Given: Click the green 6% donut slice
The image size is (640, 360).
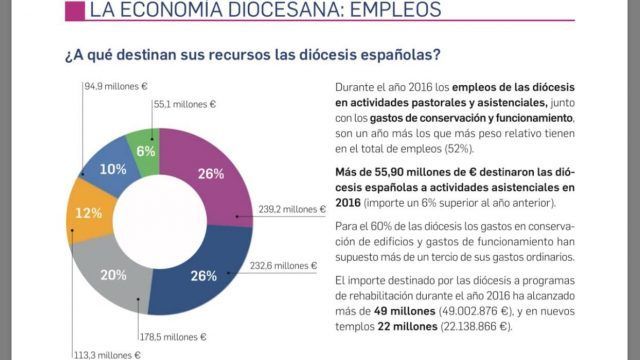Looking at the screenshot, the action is coord(145,151).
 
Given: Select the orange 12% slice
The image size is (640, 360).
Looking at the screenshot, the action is coord(90,213).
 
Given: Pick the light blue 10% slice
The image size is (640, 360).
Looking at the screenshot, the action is coord(110,168).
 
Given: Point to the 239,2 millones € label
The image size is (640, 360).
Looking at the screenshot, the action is coord(292,209).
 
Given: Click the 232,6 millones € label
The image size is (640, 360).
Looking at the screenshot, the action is coord(283,266).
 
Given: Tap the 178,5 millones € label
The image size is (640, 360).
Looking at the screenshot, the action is coord(173,337).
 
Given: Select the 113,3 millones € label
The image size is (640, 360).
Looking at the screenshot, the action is coord(107,355).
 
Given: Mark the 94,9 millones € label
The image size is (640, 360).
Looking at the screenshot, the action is coord(116,87).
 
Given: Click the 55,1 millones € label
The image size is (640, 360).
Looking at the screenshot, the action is coord(184,104).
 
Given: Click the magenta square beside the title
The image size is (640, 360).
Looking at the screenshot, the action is coord(75,11).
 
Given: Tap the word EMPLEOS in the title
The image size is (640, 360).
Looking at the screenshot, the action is coord(396,9).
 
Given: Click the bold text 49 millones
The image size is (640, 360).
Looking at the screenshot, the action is coord(404,311).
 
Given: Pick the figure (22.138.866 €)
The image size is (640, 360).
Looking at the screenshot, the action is coord(476,327).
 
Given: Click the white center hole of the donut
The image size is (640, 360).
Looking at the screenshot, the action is coord(160,222).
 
